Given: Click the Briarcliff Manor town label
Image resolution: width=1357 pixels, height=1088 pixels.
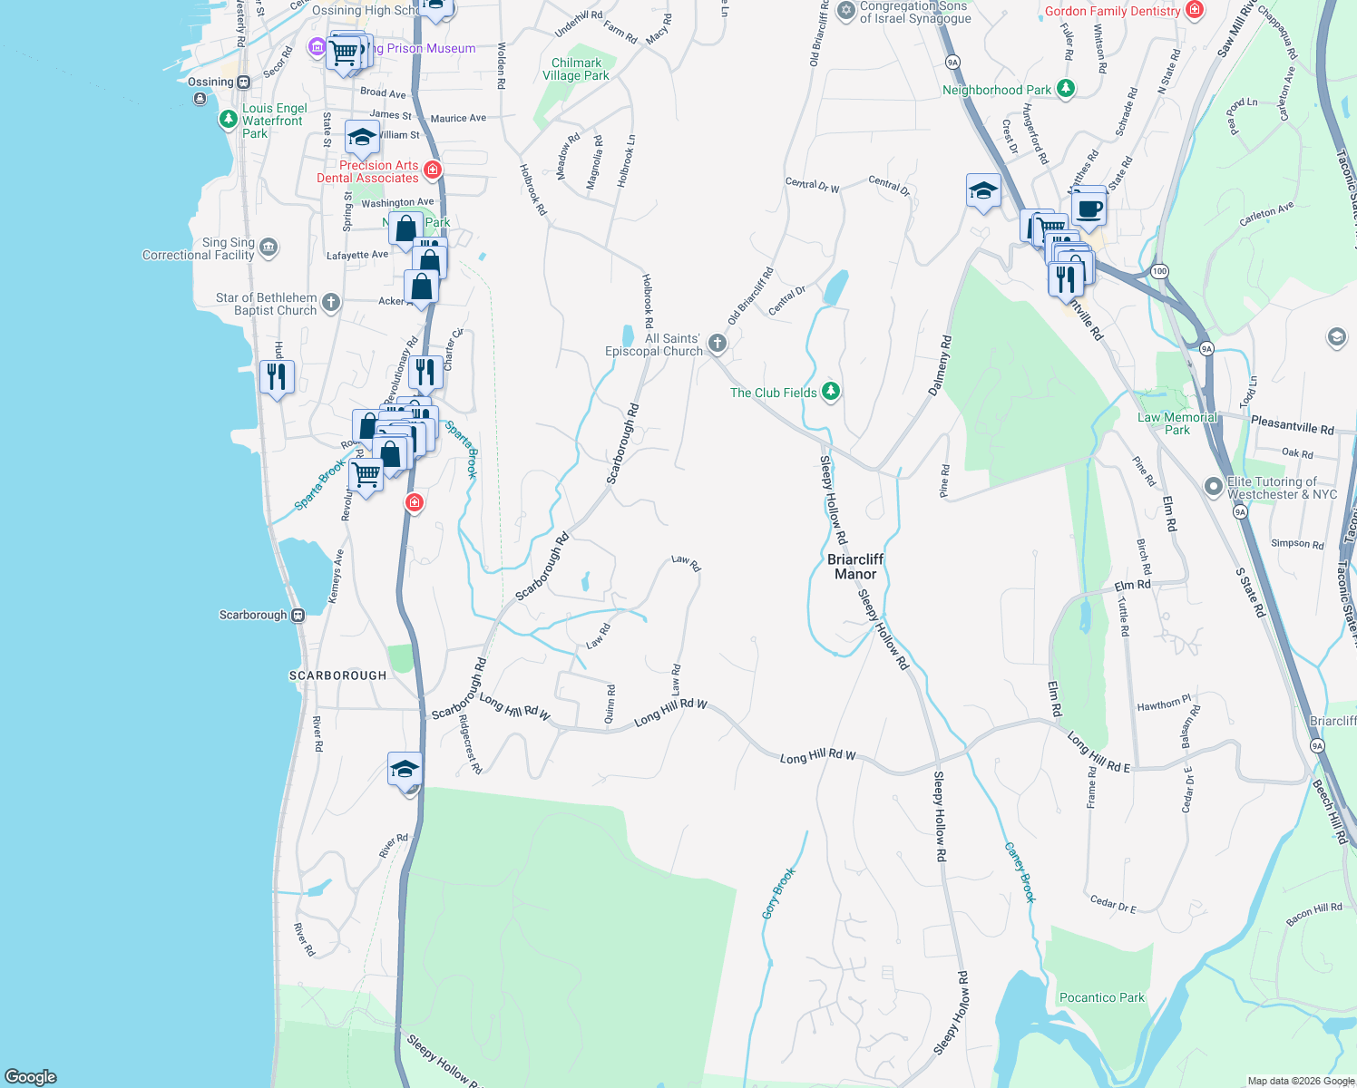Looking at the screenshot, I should click(855, 567).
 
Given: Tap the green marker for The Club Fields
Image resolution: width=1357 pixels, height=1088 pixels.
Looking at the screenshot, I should click(831, 392).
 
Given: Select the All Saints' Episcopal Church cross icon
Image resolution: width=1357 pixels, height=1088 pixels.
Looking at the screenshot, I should click(718, 343).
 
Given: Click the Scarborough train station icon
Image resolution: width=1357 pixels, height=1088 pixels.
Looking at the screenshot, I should click(298, 615).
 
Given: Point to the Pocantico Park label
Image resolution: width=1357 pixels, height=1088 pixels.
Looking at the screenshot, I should click(1102, 997).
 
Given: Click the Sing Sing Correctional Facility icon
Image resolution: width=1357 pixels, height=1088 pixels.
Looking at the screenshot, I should click(268, 247).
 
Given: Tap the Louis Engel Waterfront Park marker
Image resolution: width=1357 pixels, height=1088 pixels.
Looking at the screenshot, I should click(228, 119).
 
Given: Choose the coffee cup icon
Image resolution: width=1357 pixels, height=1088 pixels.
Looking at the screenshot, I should click(1089, 209).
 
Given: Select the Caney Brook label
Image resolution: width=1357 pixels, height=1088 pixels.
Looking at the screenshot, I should click(1020, 872).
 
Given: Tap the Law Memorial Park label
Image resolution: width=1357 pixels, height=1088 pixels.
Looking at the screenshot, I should click(1177, 423).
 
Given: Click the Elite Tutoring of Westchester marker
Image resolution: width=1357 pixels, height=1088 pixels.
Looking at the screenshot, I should click(1214, 487).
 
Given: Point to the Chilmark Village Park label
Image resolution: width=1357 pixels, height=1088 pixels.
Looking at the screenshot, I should click(576, 70).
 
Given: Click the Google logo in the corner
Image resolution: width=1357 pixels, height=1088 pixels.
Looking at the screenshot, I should click(31, 1076).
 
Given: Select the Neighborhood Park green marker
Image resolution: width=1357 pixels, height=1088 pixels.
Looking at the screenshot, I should click(1067, 89).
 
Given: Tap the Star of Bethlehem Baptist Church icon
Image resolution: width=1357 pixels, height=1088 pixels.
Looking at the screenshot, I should click(331, 303).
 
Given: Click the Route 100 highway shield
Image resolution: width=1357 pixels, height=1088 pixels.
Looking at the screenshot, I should click(1159, 271).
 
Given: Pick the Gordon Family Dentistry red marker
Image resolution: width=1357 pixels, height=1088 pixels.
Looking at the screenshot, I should click(1196, 11).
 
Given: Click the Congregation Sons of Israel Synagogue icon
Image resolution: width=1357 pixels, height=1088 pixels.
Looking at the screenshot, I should click(846, 11).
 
